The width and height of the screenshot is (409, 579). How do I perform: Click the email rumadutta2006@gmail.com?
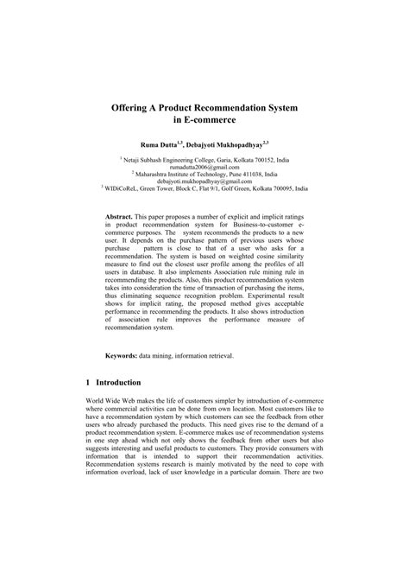point(204,169)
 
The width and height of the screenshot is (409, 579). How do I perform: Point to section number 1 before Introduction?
point(90,429)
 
